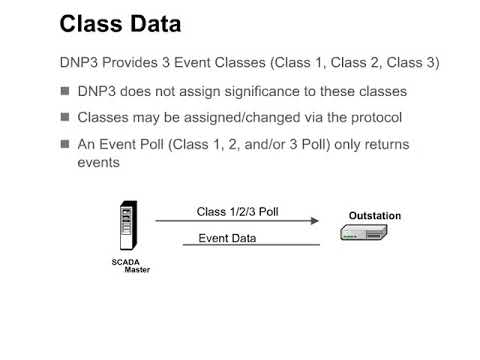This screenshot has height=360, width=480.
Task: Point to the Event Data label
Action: pos(227,238)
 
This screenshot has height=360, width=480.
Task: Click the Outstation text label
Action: pos(374,216)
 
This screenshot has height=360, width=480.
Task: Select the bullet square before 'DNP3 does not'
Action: pos(65,91)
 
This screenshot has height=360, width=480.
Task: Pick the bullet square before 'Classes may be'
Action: pos(65,118)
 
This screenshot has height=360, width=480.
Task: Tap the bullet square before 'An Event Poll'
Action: pos(65,144)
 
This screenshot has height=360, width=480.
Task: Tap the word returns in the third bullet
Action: pos(383,144)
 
